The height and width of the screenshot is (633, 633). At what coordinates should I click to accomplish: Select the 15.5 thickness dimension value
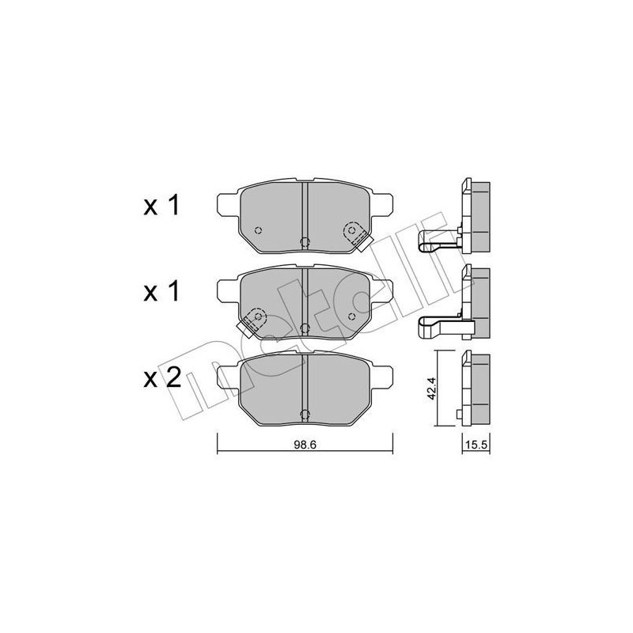pos(473,445)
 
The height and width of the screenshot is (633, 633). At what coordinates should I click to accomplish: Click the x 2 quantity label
pos(162,377)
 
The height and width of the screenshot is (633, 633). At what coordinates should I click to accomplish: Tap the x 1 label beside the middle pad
pos(162,292)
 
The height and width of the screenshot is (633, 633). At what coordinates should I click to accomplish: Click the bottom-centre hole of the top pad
pos(305,243)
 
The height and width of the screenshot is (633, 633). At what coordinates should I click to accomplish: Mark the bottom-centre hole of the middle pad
pos(305,328)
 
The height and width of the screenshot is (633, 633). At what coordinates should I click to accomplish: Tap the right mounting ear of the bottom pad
pos(385,378)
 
